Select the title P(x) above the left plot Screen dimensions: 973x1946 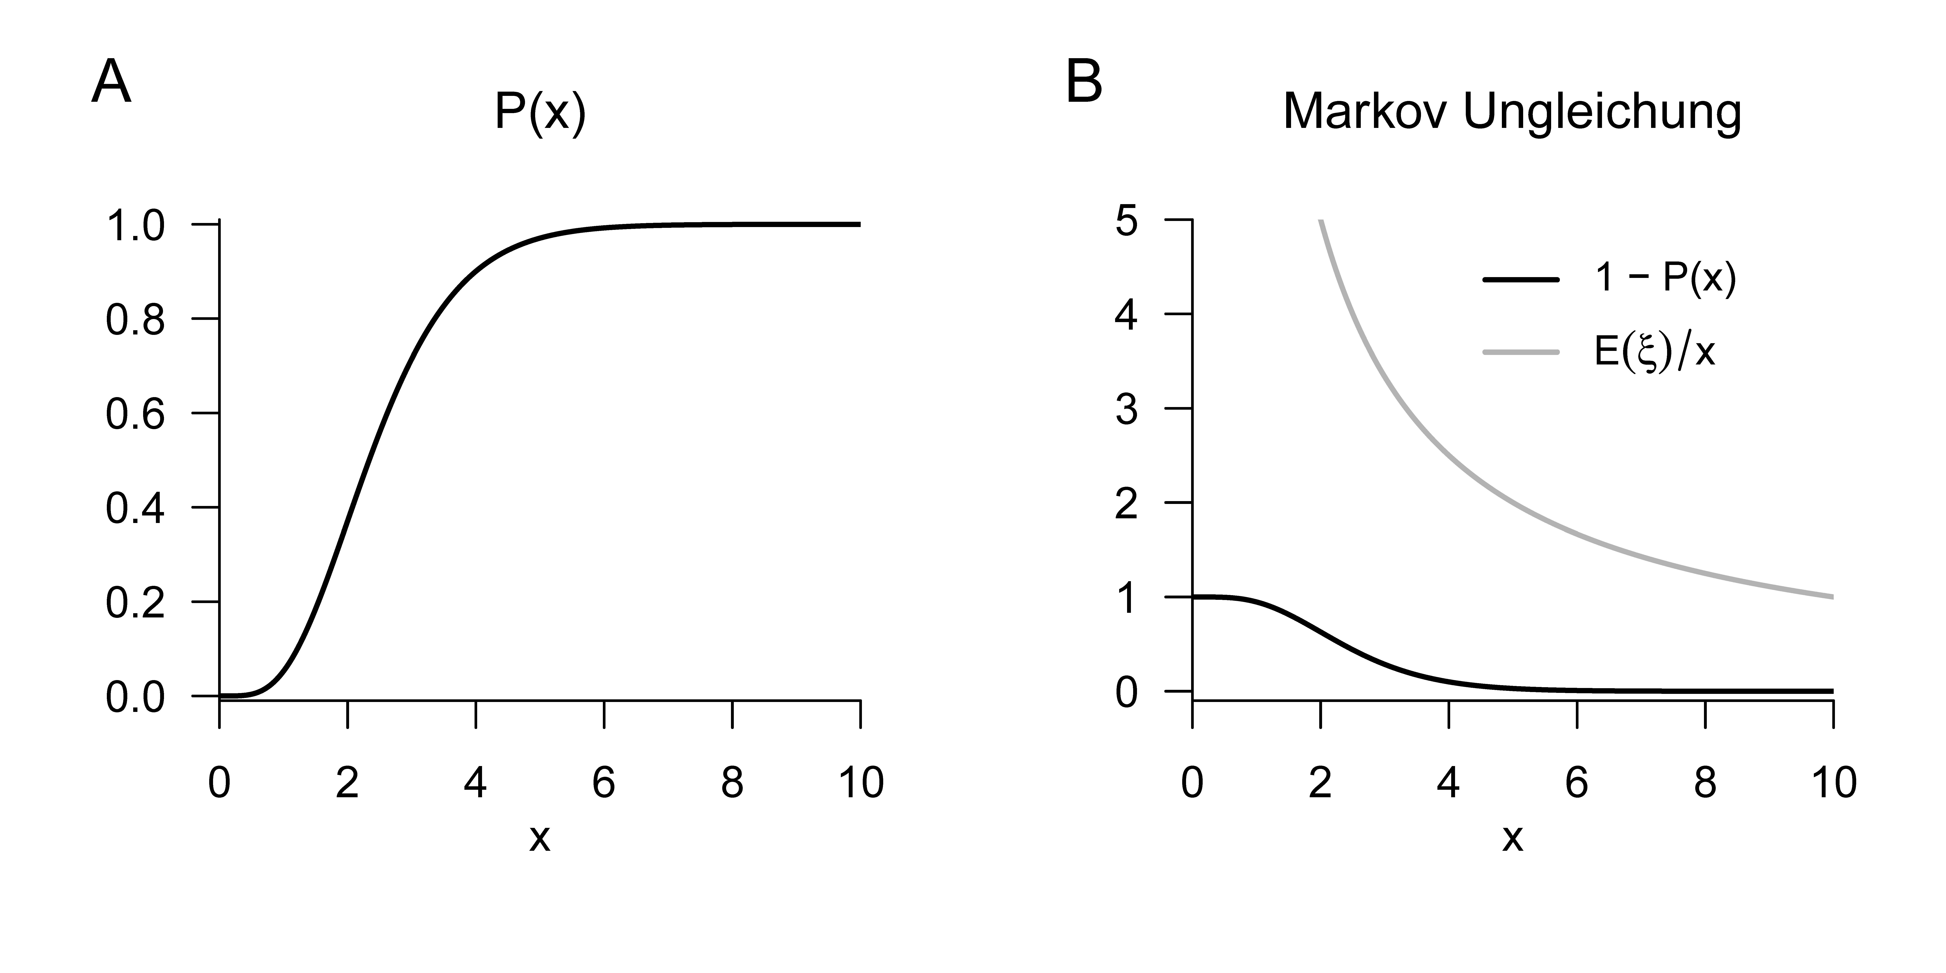[540, 113]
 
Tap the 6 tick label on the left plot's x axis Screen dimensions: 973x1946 [604, 783]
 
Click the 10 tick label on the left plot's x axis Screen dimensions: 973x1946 [860, 783]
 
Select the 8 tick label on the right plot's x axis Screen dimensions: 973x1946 [1705, 783]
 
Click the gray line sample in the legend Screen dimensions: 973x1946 [1521, 351]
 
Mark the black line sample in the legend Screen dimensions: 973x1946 [1521, 280]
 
